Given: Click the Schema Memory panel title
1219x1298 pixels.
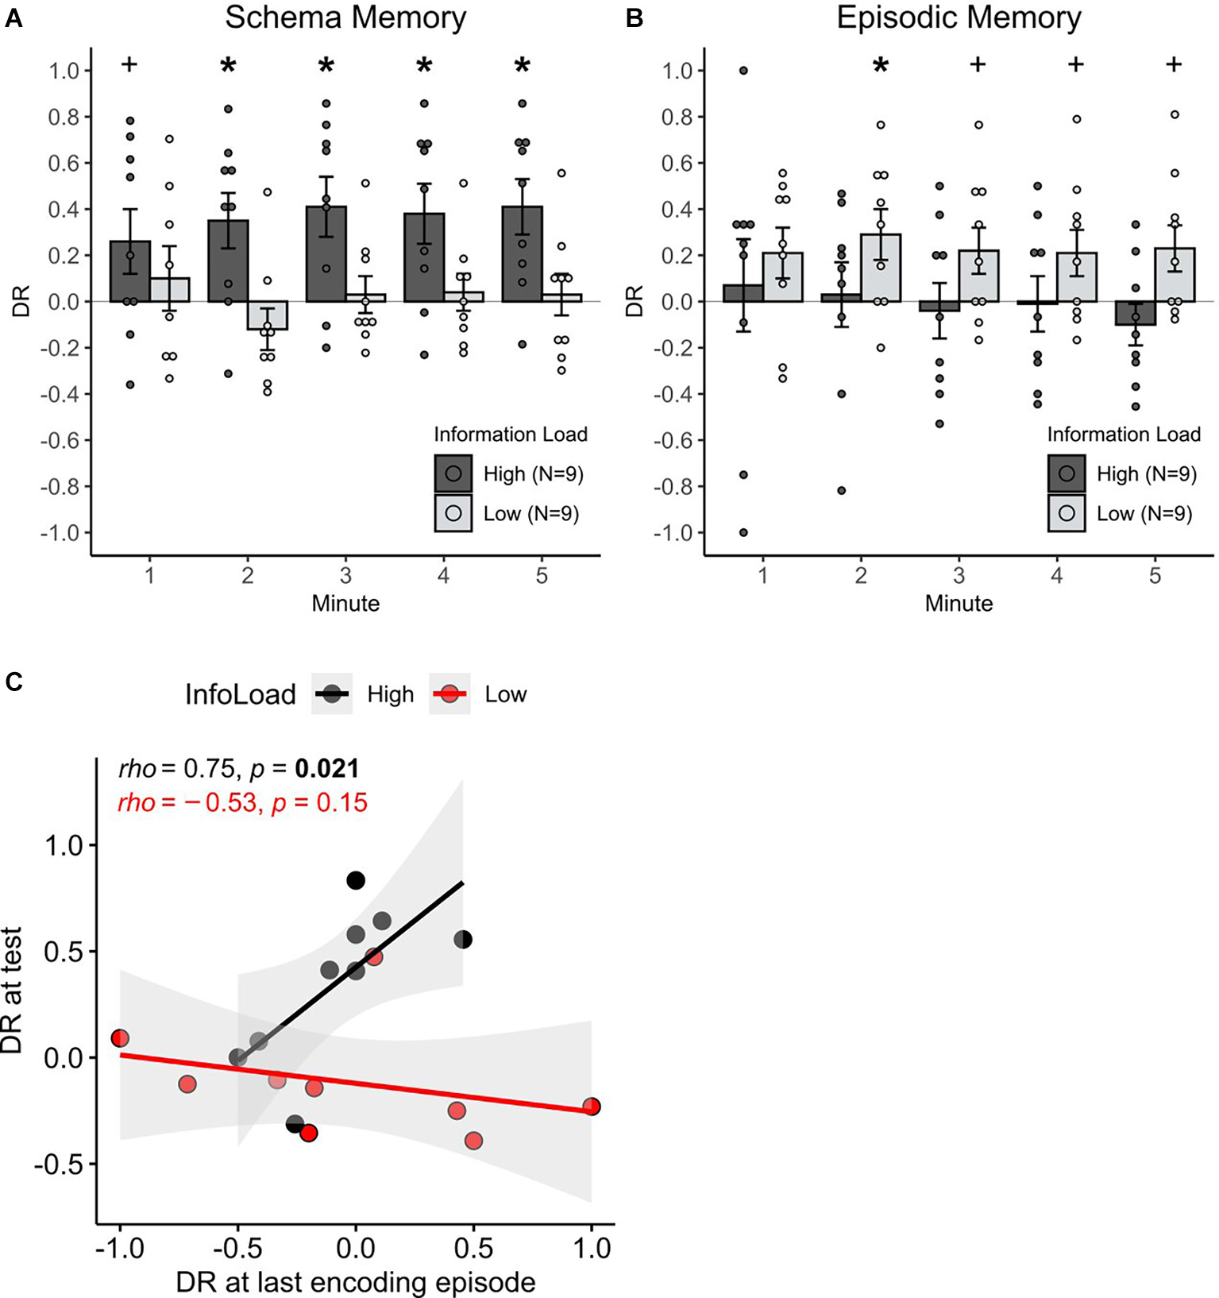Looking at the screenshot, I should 345,17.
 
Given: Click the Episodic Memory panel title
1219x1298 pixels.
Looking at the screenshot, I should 959,17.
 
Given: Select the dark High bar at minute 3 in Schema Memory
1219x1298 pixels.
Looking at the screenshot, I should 326,254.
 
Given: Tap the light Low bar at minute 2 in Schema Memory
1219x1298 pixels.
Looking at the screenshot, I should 267,315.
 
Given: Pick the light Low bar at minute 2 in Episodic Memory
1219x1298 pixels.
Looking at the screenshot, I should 881,268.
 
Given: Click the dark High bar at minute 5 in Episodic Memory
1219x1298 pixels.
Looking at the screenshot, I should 1136,313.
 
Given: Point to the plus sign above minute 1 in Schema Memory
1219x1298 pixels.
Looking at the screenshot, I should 129,64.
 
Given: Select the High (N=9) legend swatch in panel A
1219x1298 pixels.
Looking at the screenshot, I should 453,474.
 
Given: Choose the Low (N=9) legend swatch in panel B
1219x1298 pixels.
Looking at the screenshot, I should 1067,513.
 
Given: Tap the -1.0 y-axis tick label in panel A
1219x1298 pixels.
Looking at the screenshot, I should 60,533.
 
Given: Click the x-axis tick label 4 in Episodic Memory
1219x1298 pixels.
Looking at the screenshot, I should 1057,575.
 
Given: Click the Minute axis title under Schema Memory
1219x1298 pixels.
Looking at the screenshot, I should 345,604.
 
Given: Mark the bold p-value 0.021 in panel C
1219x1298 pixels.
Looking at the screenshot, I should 327,768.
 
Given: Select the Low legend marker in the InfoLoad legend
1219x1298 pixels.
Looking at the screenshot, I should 450,694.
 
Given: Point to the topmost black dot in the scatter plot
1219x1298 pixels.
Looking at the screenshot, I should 356,880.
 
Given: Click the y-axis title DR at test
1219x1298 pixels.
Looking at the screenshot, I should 12,991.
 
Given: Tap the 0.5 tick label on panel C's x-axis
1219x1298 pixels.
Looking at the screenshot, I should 473,1248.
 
